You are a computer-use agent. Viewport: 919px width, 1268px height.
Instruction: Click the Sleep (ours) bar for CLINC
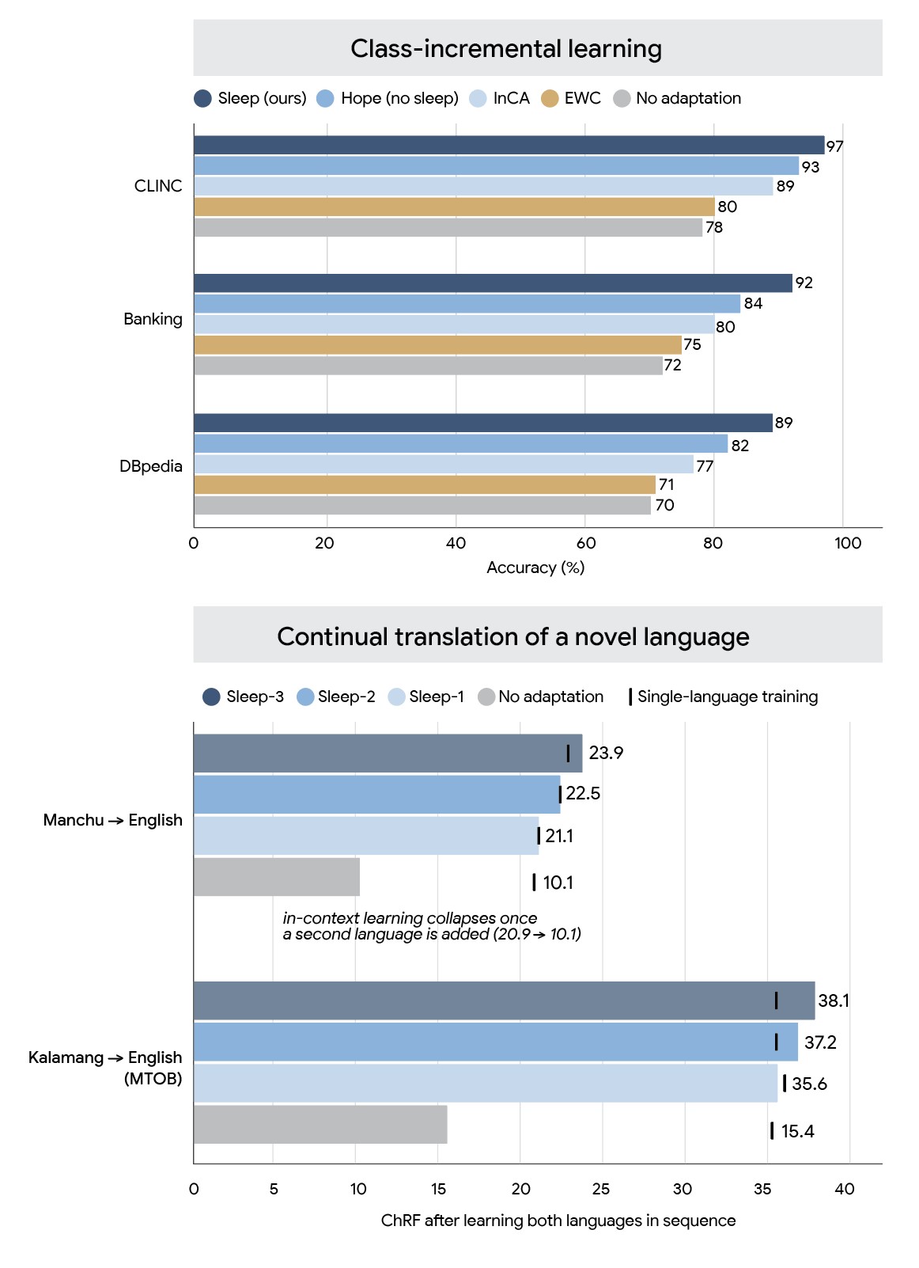point(509,145)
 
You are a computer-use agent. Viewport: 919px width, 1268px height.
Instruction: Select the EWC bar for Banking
point(437,345)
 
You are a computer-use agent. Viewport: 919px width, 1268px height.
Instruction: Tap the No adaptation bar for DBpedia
point(422,505)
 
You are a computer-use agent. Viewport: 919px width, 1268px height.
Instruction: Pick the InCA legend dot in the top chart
point(478,98)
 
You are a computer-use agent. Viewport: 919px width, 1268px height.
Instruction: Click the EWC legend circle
point(550,98)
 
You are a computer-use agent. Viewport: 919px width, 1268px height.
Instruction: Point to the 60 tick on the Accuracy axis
point(586,543)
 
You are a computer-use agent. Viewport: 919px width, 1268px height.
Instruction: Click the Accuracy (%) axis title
point(535,568)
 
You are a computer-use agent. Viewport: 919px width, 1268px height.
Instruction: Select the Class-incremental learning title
point(506,49)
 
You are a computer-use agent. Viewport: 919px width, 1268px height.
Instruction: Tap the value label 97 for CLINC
point(834,146)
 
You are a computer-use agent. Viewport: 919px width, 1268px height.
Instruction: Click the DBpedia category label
point(150,466)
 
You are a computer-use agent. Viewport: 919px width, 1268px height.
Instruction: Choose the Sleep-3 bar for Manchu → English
point(388,753)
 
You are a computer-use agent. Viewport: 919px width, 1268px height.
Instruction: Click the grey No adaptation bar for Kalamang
point(320,1124)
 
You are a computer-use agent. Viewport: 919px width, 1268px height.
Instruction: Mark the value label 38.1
point(833,1000)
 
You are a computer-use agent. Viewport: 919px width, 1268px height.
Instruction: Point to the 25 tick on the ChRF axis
point(600,1189)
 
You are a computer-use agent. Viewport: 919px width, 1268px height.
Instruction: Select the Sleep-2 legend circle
point(305,697)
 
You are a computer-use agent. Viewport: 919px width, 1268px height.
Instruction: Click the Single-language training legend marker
point(630,697)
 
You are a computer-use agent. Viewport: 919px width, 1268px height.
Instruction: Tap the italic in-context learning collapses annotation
point(432,925)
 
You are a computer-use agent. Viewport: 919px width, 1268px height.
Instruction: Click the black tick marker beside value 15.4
point(771,1130)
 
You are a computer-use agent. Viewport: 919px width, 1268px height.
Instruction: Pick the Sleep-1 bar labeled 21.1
point(366,836)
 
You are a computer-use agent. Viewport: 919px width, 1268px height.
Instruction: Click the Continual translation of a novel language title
point(513,637)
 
